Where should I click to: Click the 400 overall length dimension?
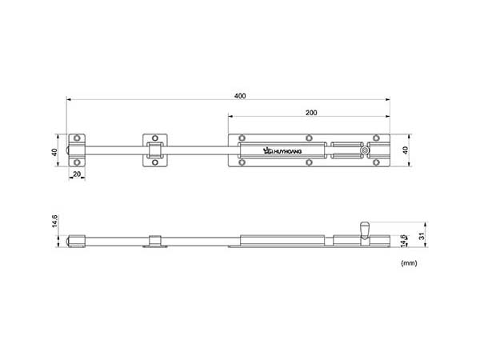[x=240, y=96]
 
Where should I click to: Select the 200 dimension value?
[x=311, y=113]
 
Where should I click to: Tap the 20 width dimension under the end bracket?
[x=77, y=174]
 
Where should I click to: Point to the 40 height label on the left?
[x=54, y=152]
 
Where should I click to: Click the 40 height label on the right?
[x=406, y=150]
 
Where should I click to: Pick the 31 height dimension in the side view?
[x=422, y=236]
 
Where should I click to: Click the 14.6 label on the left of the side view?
[x=54, y=221]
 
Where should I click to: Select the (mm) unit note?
[x=409, y=263]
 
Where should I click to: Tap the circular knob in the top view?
[x=365, y=150]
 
